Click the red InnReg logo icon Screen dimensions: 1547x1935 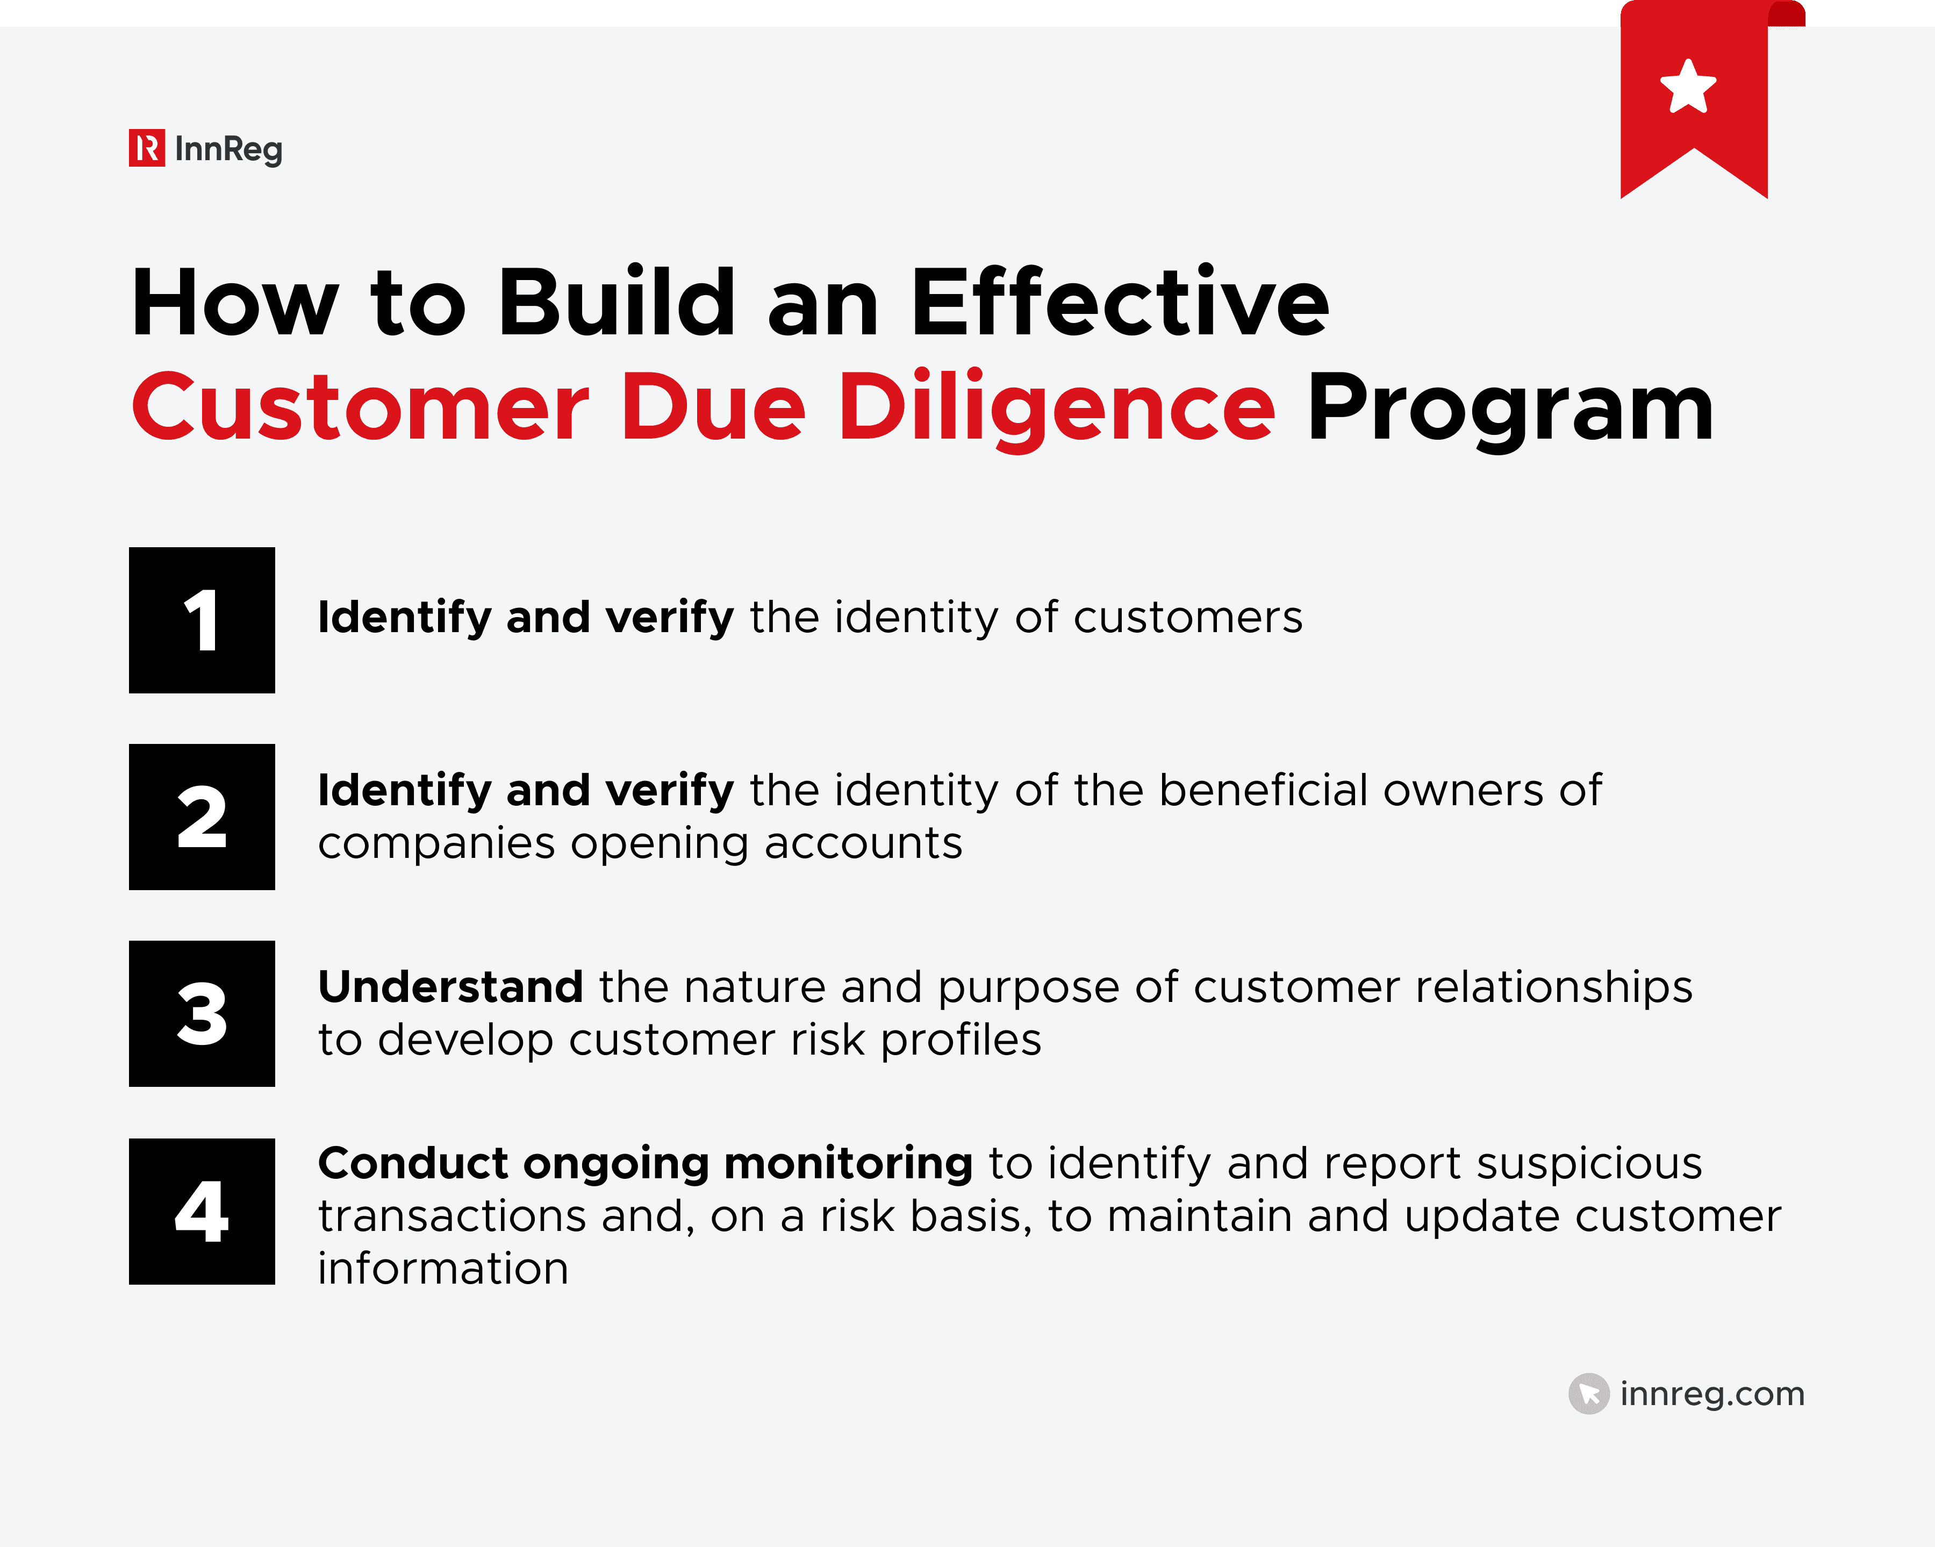(x=146, y=148)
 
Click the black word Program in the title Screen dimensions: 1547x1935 (x=1510, y=409)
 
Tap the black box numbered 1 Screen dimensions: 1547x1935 (x=202, y=620)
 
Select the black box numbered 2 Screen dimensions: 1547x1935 (x=202, y=817)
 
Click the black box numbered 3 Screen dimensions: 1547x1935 (x=202, y=1014)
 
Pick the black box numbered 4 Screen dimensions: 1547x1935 (x=202, y=1212)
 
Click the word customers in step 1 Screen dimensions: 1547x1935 (x=1187, y=618)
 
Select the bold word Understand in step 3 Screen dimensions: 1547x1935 (x=450, y=987)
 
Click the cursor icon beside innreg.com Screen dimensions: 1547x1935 (x=1588, y=1394)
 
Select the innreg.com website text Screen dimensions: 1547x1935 (x=1711, y=1394)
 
